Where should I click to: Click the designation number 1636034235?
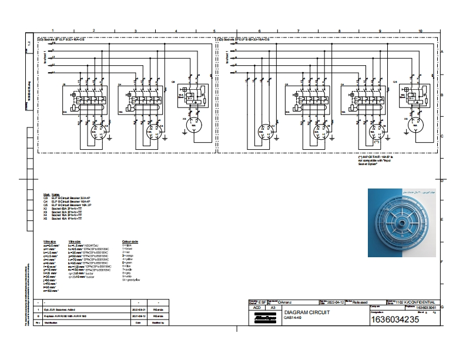click(394, 319)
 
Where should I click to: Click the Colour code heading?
click(130, 241)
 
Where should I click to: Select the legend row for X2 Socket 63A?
click(65, 208)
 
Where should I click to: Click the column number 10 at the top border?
click(420, 30)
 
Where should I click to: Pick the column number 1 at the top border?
click(53, 30)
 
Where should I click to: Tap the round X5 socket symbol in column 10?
click(415, 126)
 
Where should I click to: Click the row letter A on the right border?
click(441, 52)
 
